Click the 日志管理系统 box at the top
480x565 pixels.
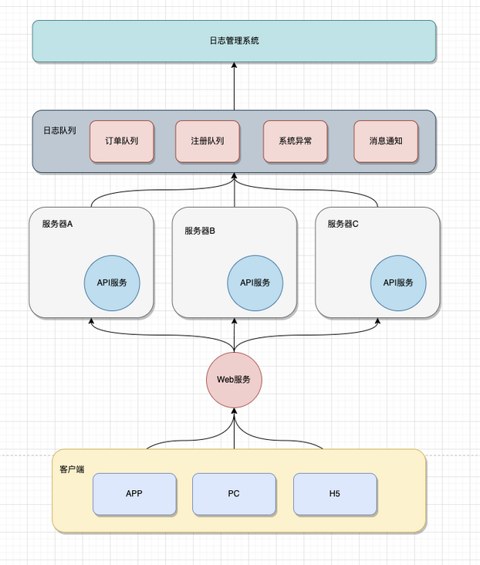click(234, 41)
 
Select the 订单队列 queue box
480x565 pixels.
click(121, 141)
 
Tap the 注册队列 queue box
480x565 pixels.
click(208, 141)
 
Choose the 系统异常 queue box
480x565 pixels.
click(296, 141)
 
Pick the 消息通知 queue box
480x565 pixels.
click(385, 141)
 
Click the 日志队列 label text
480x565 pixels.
click(59, 131)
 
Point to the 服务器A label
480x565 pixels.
click(57, 225)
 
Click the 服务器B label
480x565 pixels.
click(200, 231)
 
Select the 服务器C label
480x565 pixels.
click(343, 225)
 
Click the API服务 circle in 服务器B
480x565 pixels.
click(255, 282)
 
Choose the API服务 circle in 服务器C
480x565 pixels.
click(398, 282)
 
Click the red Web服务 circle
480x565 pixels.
click(234, 380)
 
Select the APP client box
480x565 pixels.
click(134, 494)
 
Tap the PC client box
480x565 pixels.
click(234, 494)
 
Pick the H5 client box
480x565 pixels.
click(335, 494)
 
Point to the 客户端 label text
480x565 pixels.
click(73, 469)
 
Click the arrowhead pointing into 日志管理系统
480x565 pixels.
click(234, 67)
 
